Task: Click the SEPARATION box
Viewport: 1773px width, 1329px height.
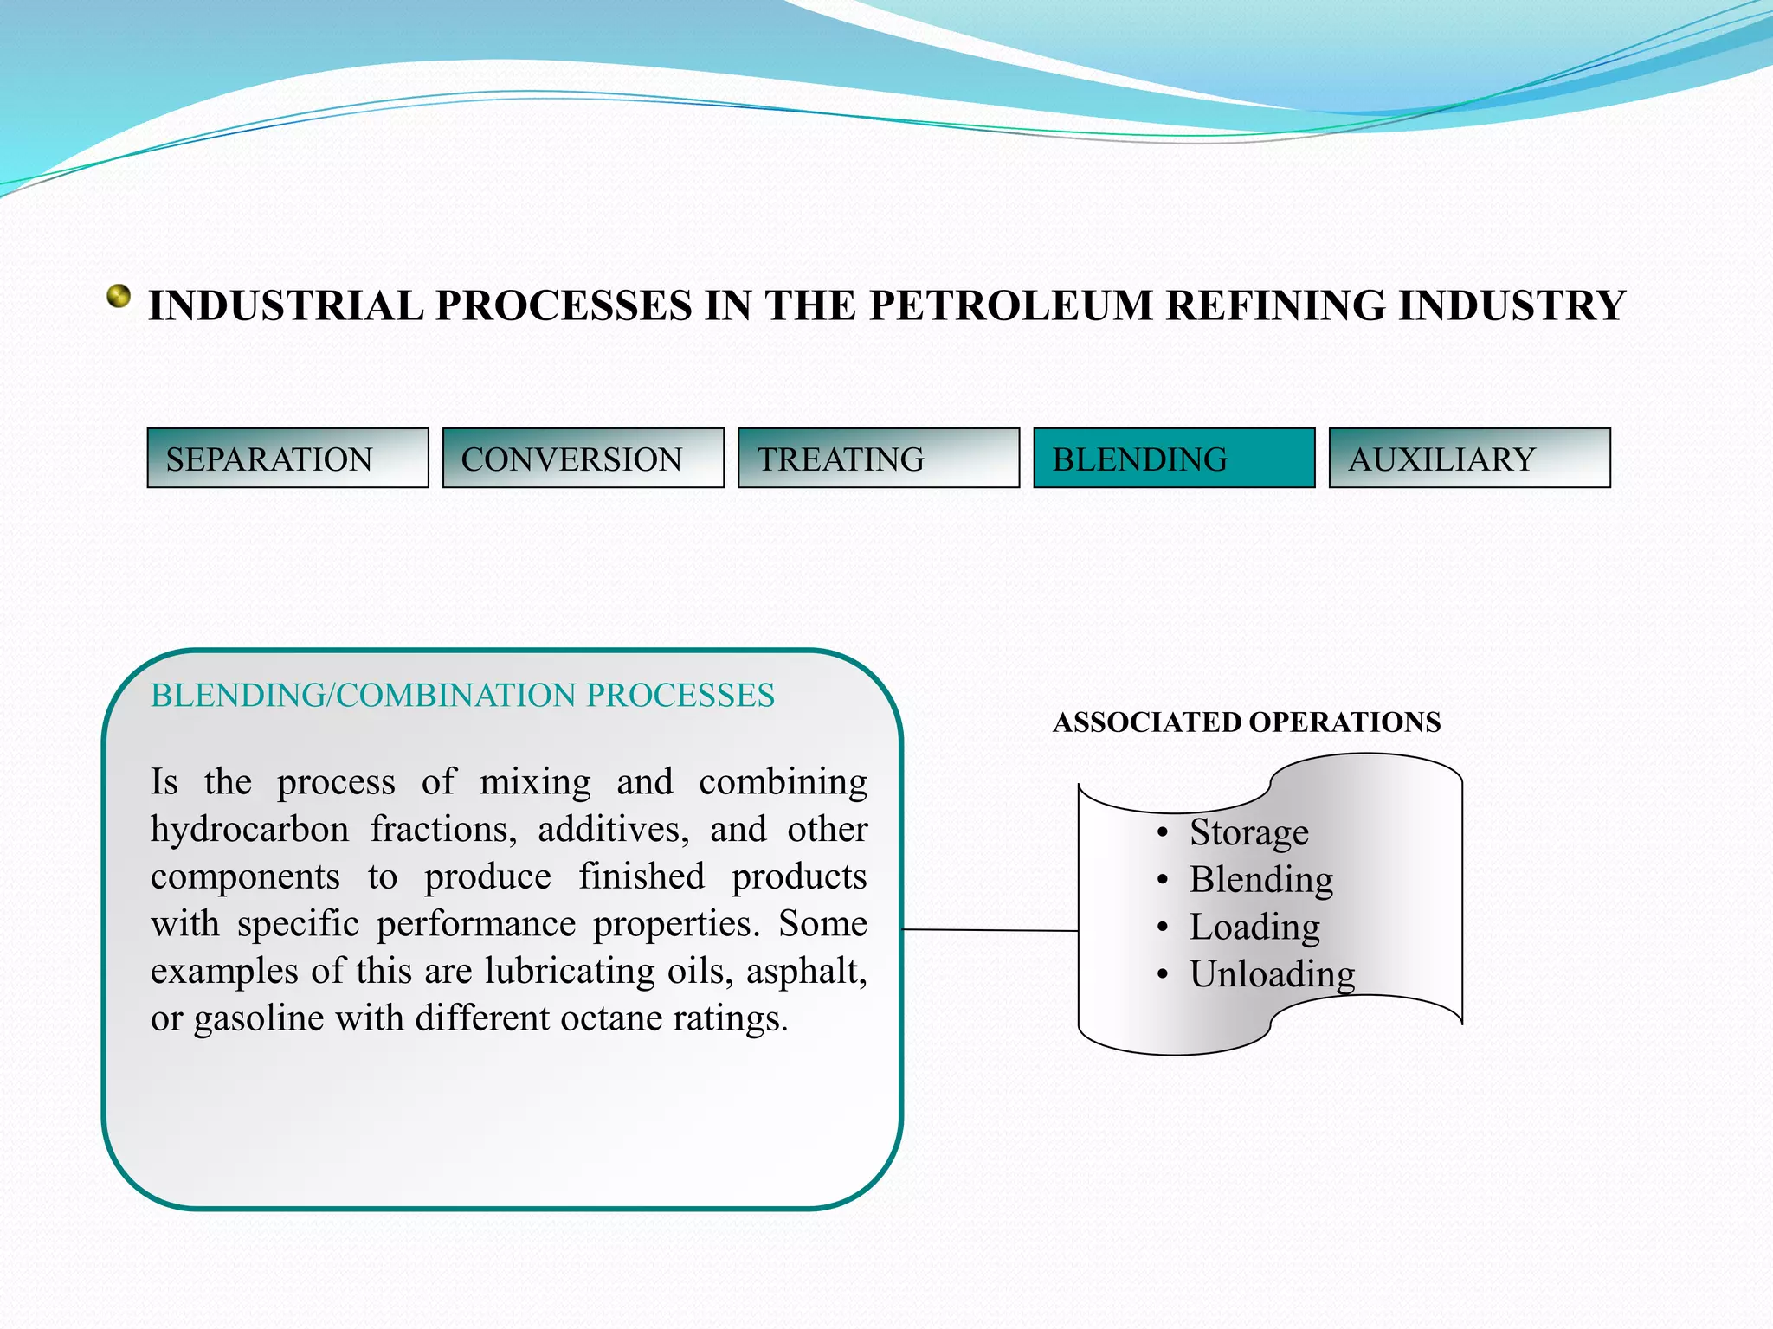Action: point(287,458)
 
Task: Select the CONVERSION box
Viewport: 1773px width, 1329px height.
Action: point(583,458)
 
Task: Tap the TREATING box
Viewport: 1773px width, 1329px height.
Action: point(878,458)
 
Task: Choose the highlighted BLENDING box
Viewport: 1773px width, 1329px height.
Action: point(1174,458)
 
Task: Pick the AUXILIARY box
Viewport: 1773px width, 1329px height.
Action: point(1469,458)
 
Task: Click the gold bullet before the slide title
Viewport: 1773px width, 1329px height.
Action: point(119,297)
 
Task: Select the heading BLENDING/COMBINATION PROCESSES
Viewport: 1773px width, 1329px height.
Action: point(462,696)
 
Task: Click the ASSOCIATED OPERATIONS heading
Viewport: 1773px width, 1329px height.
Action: point(1247,722)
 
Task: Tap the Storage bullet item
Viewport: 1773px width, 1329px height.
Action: point(1248,832)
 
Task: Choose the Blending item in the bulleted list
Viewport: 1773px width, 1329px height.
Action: point(1260,880)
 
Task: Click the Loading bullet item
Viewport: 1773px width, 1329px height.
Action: point(1254,928)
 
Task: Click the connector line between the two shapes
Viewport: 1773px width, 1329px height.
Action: point(990,930)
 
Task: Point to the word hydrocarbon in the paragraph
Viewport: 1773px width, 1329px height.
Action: point(249,830)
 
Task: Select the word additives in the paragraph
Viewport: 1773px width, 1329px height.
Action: point(613,830)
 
